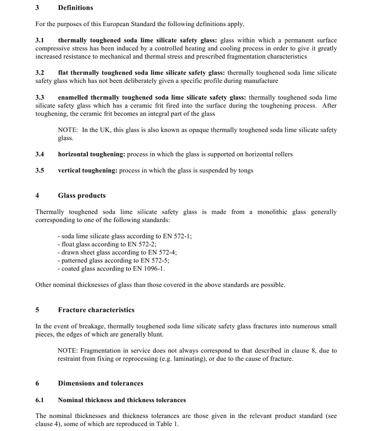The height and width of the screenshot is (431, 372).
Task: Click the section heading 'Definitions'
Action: click(75, 8)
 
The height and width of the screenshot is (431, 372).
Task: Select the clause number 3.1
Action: click(40, 40)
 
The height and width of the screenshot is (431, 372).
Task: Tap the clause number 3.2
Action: click(40, 73)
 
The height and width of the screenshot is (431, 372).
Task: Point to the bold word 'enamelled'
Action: click(73, 98)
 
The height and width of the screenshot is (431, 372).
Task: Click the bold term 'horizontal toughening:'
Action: click(92, 154)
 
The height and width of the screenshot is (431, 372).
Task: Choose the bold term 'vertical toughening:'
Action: click(87, 170)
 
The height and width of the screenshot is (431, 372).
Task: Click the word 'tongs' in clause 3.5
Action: click(245, 170)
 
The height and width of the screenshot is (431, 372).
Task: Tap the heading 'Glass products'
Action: click(82, 195)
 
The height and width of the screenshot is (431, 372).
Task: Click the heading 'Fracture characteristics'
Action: click(96, 310)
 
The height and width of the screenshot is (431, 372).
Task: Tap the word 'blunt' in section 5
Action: click(154, 335)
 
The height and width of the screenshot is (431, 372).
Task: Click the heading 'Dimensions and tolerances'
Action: click(100, 384)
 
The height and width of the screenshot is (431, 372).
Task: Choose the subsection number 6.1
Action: click(40, 400)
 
